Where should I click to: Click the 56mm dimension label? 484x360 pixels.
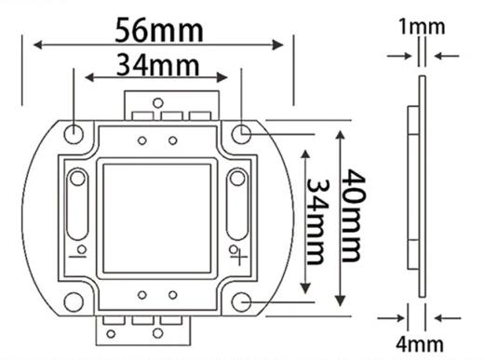tap(159, 30)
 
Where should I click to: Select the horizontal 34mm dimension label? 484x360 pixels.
tap(157, 65)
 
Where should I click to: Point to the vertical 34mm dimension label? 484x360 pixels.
tap(317, 221)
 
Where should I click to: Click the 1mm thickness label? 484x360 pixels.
tap(422, 27)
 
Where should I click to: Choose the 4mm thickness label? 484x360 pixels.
tap(420, 344)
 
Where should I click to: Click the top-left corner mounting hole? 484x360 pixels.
tap(74, 134)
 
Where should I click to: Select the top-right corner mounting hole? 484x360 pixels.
tap(241, 134)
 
